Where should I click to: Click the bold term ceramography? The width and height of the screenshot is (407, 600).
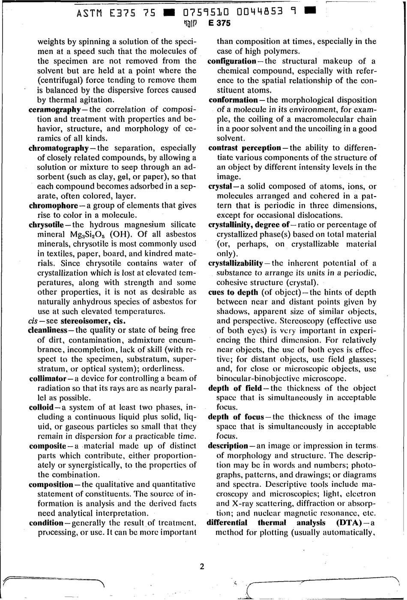coord(54,109)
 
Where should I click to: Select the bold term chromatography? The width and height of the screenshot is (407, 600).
coord(58,148)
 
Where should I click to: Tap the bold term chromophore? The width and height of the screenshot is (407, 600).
coord(53,205)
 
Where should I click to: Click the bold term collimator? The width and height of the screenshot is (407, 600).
coord(47,379)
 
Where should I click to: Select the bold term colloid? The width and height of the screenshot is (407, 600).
coord(41,407)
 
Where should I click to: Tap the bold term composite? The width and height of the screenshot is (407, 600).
coord(47,446)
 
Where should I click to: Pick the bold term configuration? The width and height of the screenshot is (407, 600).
coord(232,61)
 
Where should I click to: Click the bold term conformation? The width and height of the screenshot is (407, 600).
coord(233,100)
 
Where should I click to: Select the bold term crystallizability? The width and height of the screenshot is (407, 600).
coord(235,263)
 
